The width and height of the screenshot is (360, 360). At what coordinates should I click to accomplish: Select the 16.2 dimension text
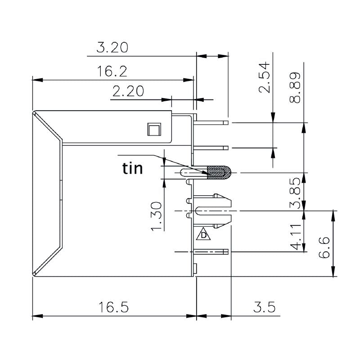[x=112, y=71]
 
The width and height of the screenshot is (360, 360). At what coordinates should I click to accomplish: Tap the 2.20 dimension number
[x=128, y=91]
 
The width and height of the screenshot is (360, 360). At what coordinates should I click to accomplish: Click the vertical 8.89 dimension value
[x=295, y=88]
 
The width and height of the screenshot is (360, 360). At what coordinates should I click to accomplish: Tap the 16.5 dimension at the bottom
[x=114, y=307]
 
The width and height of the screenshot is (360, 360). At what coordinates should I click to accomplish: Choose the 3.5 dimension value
[x=264, y=307]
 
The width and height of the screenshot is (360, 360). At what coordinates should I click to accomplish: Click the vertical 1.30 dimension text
[x=156, y=216]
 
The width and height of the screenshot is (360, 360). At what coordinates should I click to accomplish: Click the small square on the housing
[x=154, y=130]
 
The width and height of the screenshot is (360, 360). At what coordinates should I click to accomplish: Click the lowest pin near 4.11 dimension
[x=211, y=252]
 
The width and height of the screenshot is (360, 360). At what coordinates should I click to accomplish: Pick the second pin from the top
[x=211, y=148]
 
